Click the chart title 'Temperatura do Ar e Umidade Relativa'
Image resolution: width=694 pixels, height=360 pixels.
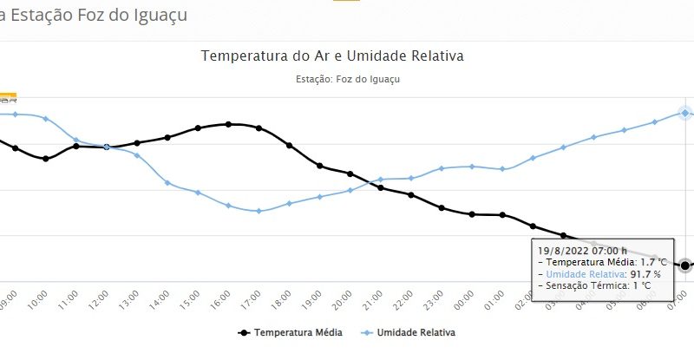pyautogui.click(x=332, y=56)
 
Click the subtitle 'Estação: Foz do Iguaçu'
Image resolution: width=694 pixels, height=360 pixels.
pyautogui.click(x=347, y=79)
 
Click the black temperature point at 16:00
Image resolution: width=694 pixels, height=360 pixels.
pyautogui.click(x=228, y=124)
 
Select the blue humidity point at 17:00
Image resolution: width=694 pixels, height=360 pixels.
pyautogui.click(x=259, y=211)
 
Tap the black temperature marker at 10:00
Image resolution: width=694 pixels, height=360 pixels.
pyautogui.click(x=46, y=159)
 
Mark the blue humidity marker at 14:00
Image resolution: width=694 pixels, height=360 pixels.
pyautogui.click(x=167, y=183)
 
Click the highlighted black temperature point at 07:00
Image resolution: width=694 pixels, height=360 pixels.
pyautogui.click(x=684, y=265)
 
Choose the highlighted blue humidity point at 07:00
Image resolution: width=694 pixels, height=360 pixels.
pyautogui.click(x=684, y=113)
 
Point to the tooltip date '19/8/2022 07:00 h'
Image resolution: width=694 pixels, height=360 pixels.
pyautogui.click(x=582, y=250)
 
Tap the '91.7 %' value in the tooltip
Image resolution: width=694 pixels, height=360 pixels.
pyautogui.click(x=645, y=273)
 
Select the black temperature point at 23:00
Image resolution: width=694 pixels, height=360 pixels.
pyautogui.click(x=442, y=208)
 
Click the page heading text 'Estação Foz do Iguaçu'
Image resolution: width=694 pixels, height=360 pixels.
pyautogui.click(x=100, y=15)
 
